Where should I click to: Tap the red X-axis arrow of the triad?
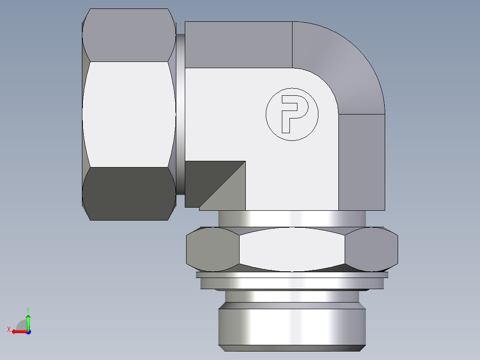(18, 331)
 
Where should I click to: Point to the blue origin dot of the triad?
(28, 331)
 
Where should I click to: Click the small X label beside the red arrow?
(9, 329)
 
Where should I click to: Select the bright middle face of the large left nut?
(128, 114)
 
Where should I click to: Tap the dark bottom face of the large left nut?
(128, 193)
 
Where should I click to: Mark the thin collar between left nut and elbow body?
(180, 114)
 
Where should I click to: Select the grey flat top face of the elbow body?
(238, 45)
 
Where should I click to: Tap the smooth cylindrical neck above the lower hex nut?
(292, 219)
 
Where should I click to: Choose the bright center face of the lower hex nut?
(292, 250)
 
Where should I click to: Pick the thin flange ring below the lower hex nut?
(292, 282)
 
